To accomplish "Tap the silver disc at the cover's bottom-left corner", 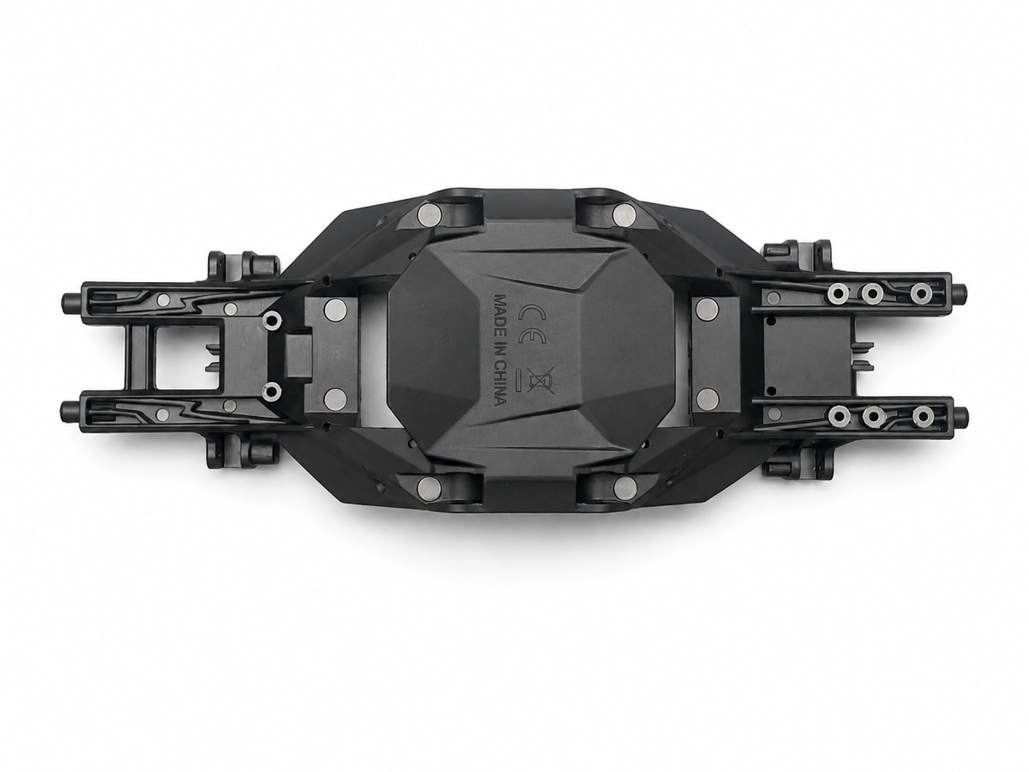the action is [429, 487].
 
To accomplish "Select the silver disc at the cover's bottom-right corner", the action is [625, 489].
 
